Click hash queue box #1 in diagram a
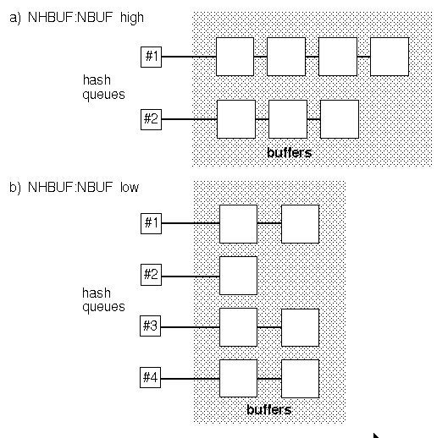point(151,57)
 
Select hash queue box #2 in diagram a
point(151,119)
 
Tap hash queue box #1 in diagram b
point(151,224)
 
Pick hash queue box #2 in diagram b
point(151,275)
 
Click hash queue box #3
point(150,326)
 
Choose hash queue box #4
point(150,377)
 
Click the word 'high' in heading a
point(132,18)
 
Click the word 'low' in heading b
point(130,187)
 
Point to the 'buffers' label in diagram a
point(289,153)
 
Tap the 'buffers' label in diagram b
point(268,410)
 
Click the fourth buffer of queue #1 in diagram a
point(390,57)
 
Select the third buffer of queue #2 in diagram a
point(340,119)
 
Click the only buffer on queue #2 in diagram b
point(238,276)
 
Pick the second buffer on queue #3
point(301,327)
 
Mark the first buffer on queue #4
point(238,378)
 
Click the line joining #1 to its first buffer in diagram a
point(189,57)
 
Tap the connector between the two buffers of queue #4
point(269,379)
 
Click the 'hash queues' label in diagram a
point(103,87)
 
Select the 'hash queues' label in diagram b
point(103,300)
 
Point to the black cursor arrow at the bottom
point(376,435)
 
